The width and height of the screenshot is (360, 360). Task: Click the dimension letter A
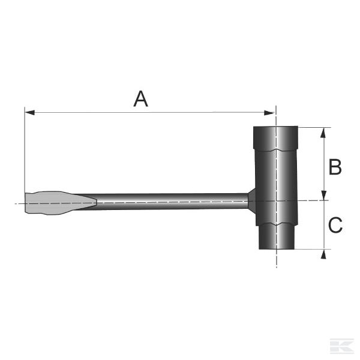[x=141, y=99]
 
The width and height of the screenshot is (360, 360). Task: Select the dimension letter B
[x=335, y=167]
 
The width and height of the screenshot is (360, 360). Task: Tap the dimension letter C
[x=335, y=225]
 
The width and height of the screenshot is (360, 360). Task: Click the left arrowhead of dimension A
[x=30, y=113]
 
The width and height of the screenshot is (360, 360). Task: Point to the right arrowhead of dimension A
[x=269, y=113]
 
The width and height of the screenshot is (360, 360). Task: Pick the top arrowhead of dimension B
[x=323, y=133]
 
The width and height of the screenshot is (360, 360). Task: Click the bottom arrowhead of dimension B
[x=324, y=196]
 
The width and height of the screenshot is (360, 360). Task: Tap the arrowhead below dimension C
[x=324, y=254]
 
